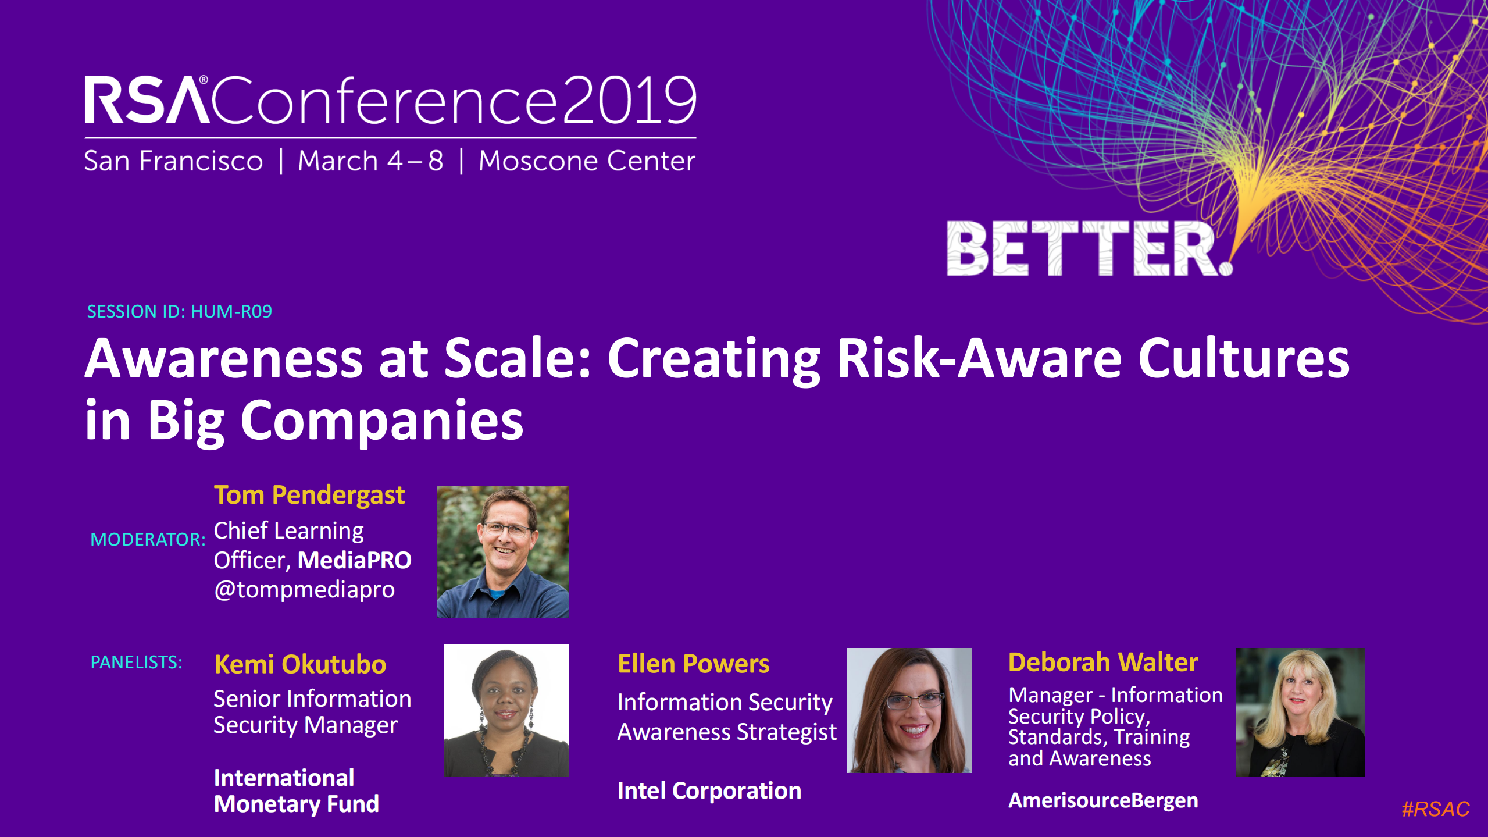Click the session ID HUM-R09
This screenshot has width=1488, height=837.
click(231, 312)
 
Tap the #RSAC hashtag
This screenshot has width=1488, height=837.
click(1435, 809)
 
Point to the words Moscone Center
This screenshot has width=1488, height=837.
click(586, 161)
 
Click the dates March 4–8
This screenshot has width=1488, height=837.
click(370, 161)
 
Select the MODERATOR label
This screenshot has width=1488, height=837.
click(148, 540)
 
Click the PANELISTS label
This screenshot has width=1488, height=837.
click(136, 663)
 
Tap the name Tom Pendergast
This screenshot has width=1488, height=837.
click(309, 496)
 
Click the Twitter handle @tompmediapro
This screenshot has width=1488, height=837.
click(304, 590)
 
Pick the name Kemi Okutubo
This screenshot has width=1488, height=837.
click(300, 664)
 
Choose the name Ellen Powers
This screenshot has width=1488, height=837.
click(693, 664)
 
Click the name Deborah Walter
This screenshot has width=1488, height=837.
click(1103, 663)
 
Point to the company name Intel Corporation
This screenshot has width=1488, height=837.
click(709, 791)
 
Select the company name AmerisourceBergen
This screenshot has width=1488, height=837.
click(1103, 801)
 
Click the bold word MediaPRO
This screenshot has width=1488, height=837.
click(355, 561)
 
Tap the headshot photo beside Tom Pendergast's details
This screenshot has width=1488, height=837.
click(503, 552)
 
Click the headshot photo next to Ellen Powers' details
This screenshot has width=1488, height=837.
click(909, 710)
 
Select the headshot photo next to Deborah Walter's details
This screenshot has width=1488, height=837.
click(1300, 712)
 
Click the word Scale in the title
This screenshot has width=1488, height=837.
click(518, 359)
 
